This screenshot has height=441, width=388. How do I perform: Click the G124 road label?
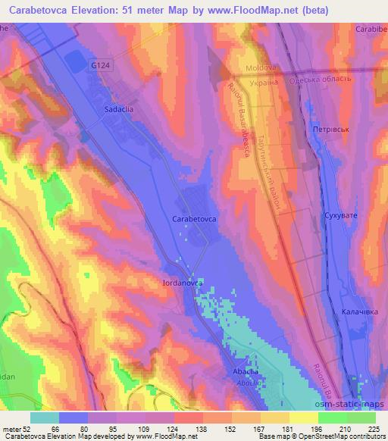click(x=98, y=66)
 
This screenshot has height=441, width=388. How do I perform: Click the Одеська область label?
click(x=319, y=78)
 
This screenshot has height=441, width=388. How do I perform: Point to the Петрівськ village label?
click(x=330, y=130)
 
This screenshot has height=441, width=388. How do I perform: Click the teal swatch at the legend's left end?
click(x=45, y=417)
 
